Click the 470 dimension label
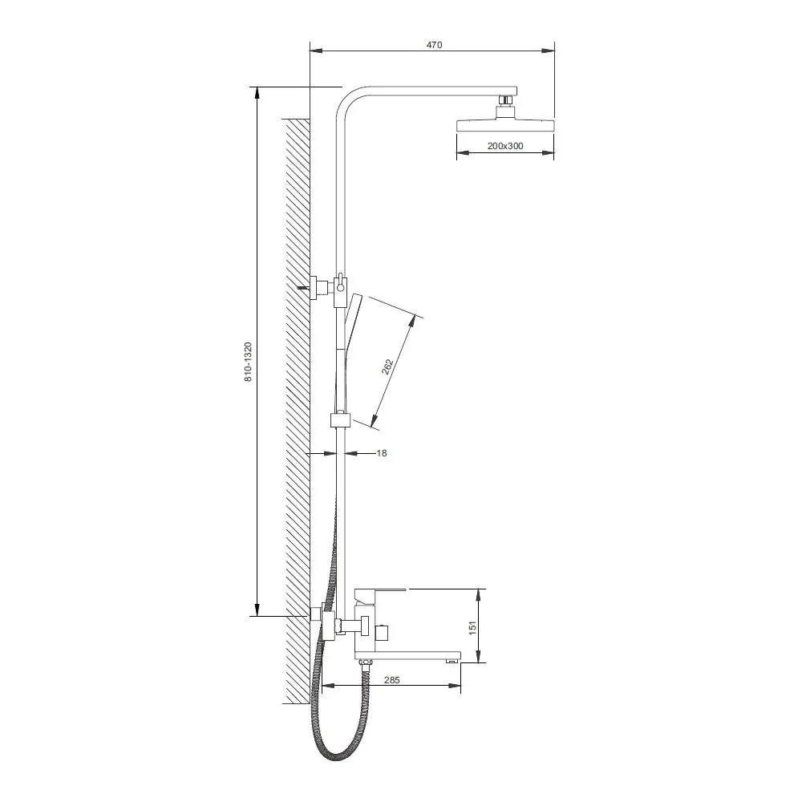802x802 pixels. click(x=434, y=44)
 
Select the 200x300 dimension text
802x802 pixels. click(x=504, y=146)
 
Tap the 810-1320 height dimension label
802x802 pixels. click(x=248, y=363)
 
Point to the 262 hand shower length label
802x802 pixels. click(x=387, y=367)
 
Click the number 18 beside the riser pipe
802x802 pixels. click(x=382, y=452)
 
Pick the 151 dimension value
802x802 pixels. click(x=472, y=628)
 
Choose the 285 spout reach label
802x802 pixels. click(x=391, y=680)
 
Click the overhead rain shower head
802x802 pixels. click(x=505, y=125)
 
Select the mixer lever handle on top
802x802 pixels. click(x=380, y=593)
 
